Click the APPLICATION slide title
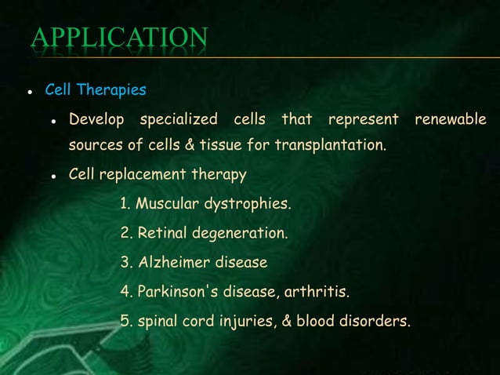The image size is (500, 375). pos(119,38)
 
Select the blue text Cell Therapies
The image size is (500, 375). pos(95,90)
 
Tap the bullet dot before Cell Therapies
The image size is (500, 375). pos(29,92)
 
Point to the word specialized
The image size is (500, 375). pos(179,120)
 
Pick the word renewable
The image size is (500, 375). pos(450,120)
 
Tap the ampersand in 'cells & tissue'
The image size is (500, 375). pos(187,145)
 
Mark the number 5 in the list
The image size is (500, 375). pos(125,321)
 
